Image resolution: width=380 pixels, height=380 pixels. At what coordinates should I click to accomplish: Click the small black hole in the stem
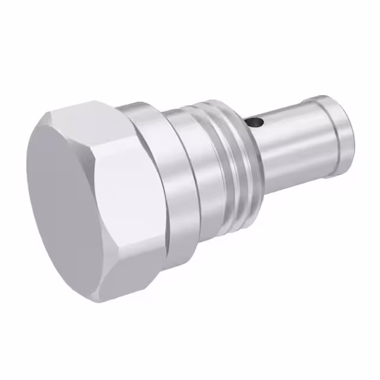click(x=255, y=122)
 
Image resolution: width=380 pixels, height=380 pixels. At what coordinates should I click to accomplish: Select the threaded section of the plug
click(x=232, y=160)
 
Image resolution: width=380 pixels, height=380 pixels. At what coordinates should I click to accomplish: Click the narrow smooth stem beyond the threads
click(x=285, y=142)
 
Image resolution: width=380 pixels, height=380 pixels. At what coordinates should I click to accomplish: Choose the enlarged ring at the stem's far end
click(x=332, y=134)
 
